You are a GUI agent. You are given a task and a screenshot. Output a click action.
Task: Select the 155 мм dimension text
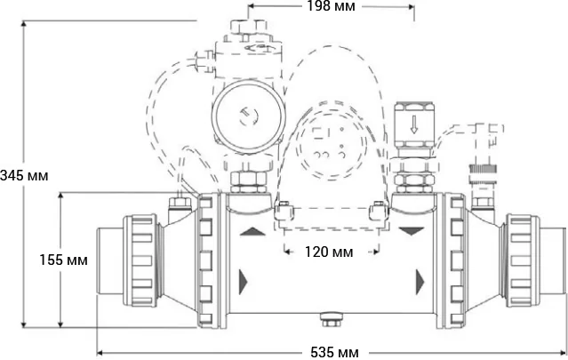point(64,260)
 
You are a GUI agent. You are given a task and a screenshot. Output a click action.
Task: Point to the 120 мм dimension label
point(329,252)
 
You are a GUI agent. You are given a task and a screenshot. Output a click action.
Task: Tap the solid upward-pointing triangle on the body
point(252,230)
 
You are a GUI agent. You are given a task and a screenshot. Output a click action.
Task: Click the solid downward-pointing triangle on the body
point(412,231)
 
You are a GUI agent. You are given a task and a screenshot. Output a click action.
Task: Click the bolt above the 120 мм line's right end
point(377,212)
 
